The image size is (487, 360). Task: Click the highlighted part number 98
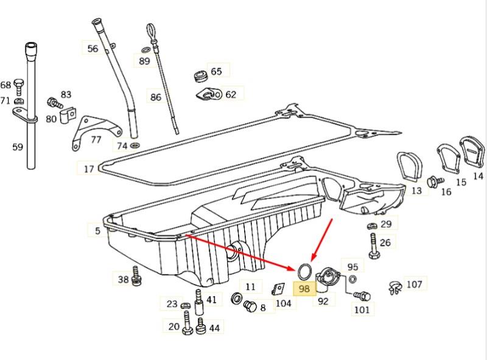304,289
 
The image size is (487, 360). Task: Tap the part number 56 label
93,49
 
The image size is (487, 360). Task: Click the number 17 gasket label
89,169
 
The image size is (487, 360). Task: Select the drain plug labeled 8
250,307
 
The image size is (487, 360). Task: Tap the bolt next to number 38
136,276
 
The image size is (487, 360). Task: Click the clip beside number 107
395,288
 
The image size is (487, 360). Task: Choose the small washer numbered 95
352,279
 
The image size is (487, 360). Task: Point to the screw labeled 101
362,295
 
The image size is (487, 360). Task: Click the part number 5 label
98,231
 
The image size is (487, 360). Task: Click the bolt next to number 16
435,182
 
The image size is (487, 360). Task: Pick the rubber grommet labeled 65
200,77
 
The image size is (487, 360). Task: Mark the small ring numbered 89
145,49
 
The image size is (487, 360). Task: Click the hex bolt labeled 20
187,323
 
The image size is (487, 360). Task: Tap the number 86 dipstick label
156,97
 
